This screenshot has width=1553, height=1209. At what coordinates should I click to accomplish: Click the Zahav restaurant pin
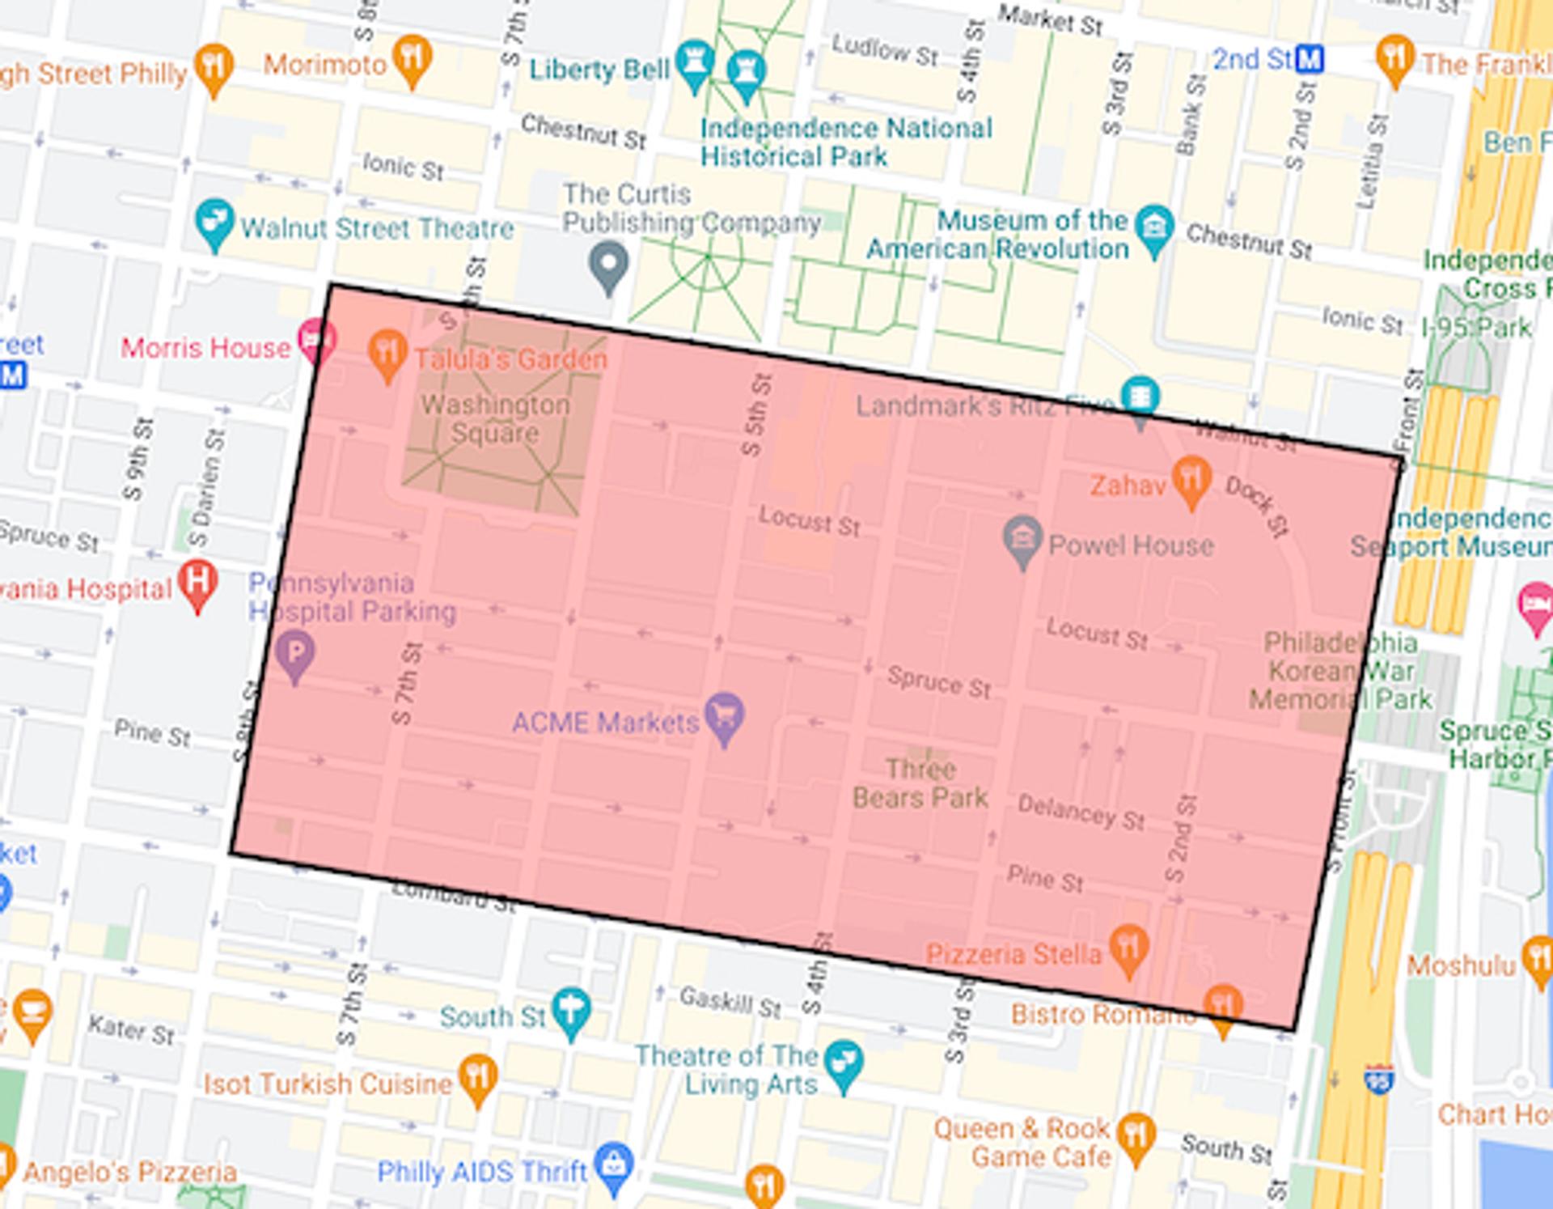[1191, 478]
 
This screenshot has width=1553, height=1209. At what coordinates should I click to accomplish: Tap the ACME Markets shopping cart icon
[724, 715]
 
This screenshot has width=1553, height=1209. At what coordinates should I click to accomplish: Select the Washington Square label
[495, 418]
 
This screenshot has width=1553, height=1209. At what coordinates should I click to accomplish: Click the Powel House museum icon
[1022, 538]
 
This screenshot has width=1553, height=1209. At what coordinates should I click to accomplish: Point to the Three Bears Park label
[920, 783]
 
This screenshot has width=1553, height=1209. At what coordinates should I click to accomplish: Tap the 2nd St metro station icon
[1310, 59]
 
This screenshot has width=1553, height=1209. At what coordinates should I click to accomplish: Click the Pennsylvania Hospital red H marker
[198, 582]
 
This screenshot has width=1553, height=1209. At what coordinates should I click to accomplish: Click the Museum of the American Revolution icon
[1154, 227]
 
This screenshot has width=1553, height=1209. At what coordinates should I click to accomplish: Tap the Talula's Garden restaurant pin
[387, 352]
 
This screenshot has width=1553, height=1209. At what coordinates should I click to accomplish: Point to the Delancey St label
[1081, 812]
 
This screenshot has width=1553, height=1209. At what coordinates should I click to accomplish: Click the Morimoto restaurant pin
[412, 57]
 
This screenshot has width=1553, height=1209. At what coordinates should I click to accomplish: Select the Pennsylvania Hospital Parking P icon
[294, 652]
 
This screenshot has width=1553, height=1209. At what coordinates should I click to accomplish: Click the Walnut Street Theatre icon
[214, 220]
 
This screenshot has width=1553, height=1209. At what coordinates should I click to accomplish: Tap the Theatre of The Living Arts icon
[844, 1063]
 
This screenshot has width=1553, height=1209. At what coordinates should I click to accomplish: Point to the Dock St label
[1256, 507]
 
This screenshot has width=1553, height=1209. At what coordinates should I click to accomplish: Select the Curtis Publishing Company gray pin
[608, 264]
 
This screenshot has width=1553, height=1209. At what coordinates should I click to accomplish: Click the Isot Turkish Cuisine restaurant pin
[478, 1077]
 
